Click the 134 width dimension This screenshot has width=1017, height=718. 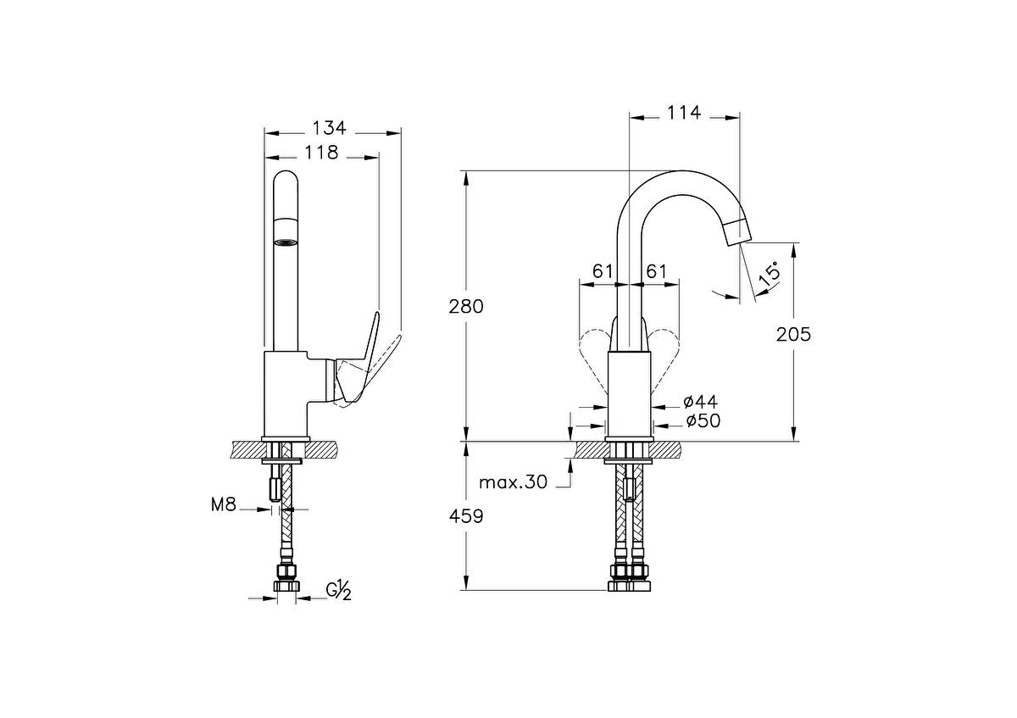(x=329, y=128)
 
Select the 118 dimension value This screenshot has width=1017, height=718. (x=321, y=153)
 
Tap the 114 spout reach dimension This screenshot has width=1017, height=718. (x=684, y=111)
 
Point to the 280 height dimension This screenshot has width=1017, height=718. (x=466, y=306)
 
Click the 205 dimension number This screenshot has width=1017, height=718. (x=793, y=334)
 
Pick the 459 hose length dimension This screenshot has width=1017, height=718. (x=466, y=515)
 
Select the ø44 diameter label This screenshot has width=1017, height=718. (x=701, y=400)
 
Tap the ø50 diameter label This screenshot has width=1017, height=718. (x=701, y=420)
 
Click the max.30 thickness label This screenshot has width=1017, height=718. (x=514, y=482)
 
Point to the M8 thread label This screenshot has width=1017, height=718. (x=223, y=506)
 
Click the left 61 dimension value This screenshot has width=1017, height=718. (x=603, y=271)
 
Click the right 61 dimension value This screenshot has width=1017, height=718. (x=656, y=271)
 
